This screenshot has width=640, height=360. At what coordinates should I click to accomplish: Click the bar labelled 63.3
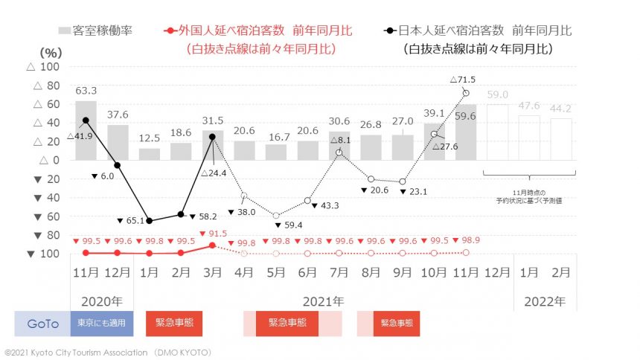(x=86, y=130)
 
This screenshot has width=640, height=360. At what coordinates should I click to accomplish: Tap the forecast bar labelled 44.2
(x=561, y=139)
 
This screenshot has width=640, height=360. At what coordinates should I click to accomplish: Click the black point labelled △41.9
(x=86, y=120)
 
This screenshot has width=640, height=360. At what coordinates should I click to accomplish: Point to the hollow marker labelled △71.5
(x=466, y=93)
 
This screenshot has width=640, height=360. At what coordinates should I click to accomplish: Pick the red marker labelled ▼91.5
(x=212, y=245)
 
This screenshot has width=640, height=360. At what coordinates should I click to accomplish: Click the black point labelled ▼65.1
(x=149, y=221)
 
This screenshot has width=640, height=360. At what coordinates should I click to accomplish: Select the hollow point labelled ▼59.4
(x=275, y=216)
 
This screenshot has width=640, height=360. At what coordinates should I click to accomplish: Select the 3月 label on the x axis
(x=212, y=272)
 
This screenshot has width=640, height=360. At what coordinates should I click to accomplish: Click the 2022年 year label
(x=545, y=302)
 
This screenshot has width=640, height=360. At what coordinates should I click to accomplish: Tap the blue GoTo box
(x=42, y=324)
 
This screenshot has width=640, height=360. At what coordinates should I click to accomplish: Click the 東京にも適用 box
(x=102, y=324)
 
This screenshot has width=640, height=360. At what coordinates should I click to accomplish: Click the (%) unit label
(x=49, y=52)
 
